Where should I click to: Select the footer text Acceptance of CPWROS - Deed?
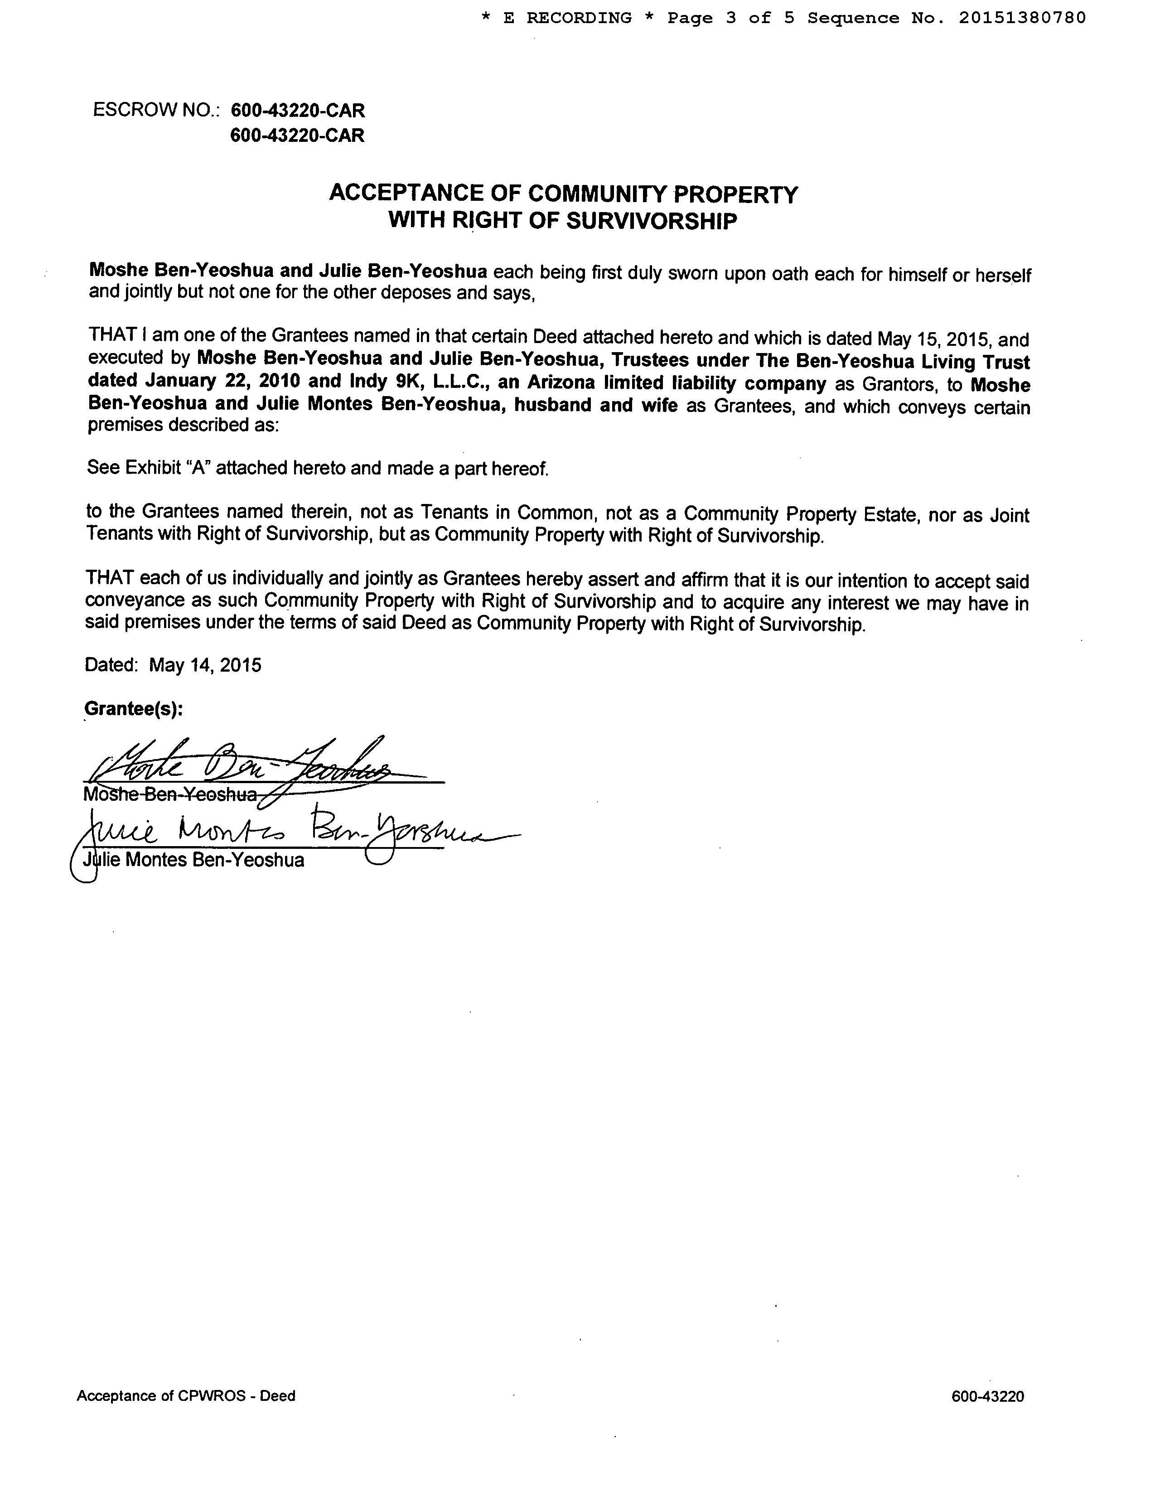coord(185,1396)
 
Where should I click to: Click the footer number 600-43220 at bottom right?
coord(987,1396)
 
